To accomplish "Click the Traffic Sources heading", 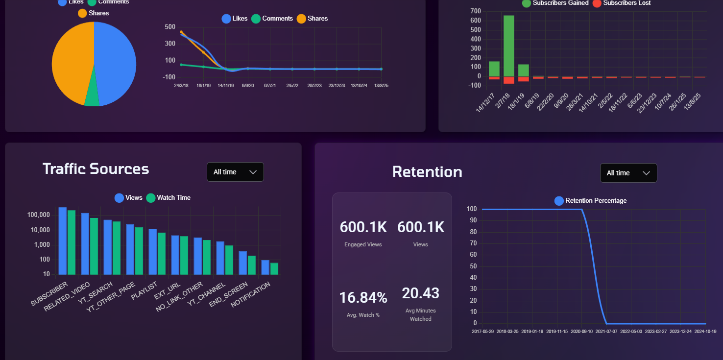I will (x=96, y=169).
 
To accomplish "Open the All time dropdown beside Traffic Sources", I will (x=235, y=172).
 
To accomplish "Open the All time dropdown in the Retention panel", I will (x=628, y=173).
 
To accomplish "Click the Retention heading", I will (x=427, y=172).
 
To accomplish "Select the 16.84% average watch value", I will (x=363, y=297).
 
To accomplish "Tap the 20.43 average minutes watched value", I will (x=420, y=293).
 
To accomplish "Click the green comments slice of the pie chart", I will (x=92, y=99).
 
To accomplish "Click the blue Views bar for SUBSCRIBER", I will (x=63, y=240).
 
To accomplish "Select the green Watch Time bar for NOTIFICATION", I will (x=274, y=269).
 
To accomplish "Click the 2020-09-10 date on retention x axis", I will (x=582, y=332).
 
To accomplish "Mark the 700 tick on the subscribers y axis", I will (x=475, y=11).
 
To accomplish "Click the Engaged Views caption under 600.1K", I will (x=363, y=244).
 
